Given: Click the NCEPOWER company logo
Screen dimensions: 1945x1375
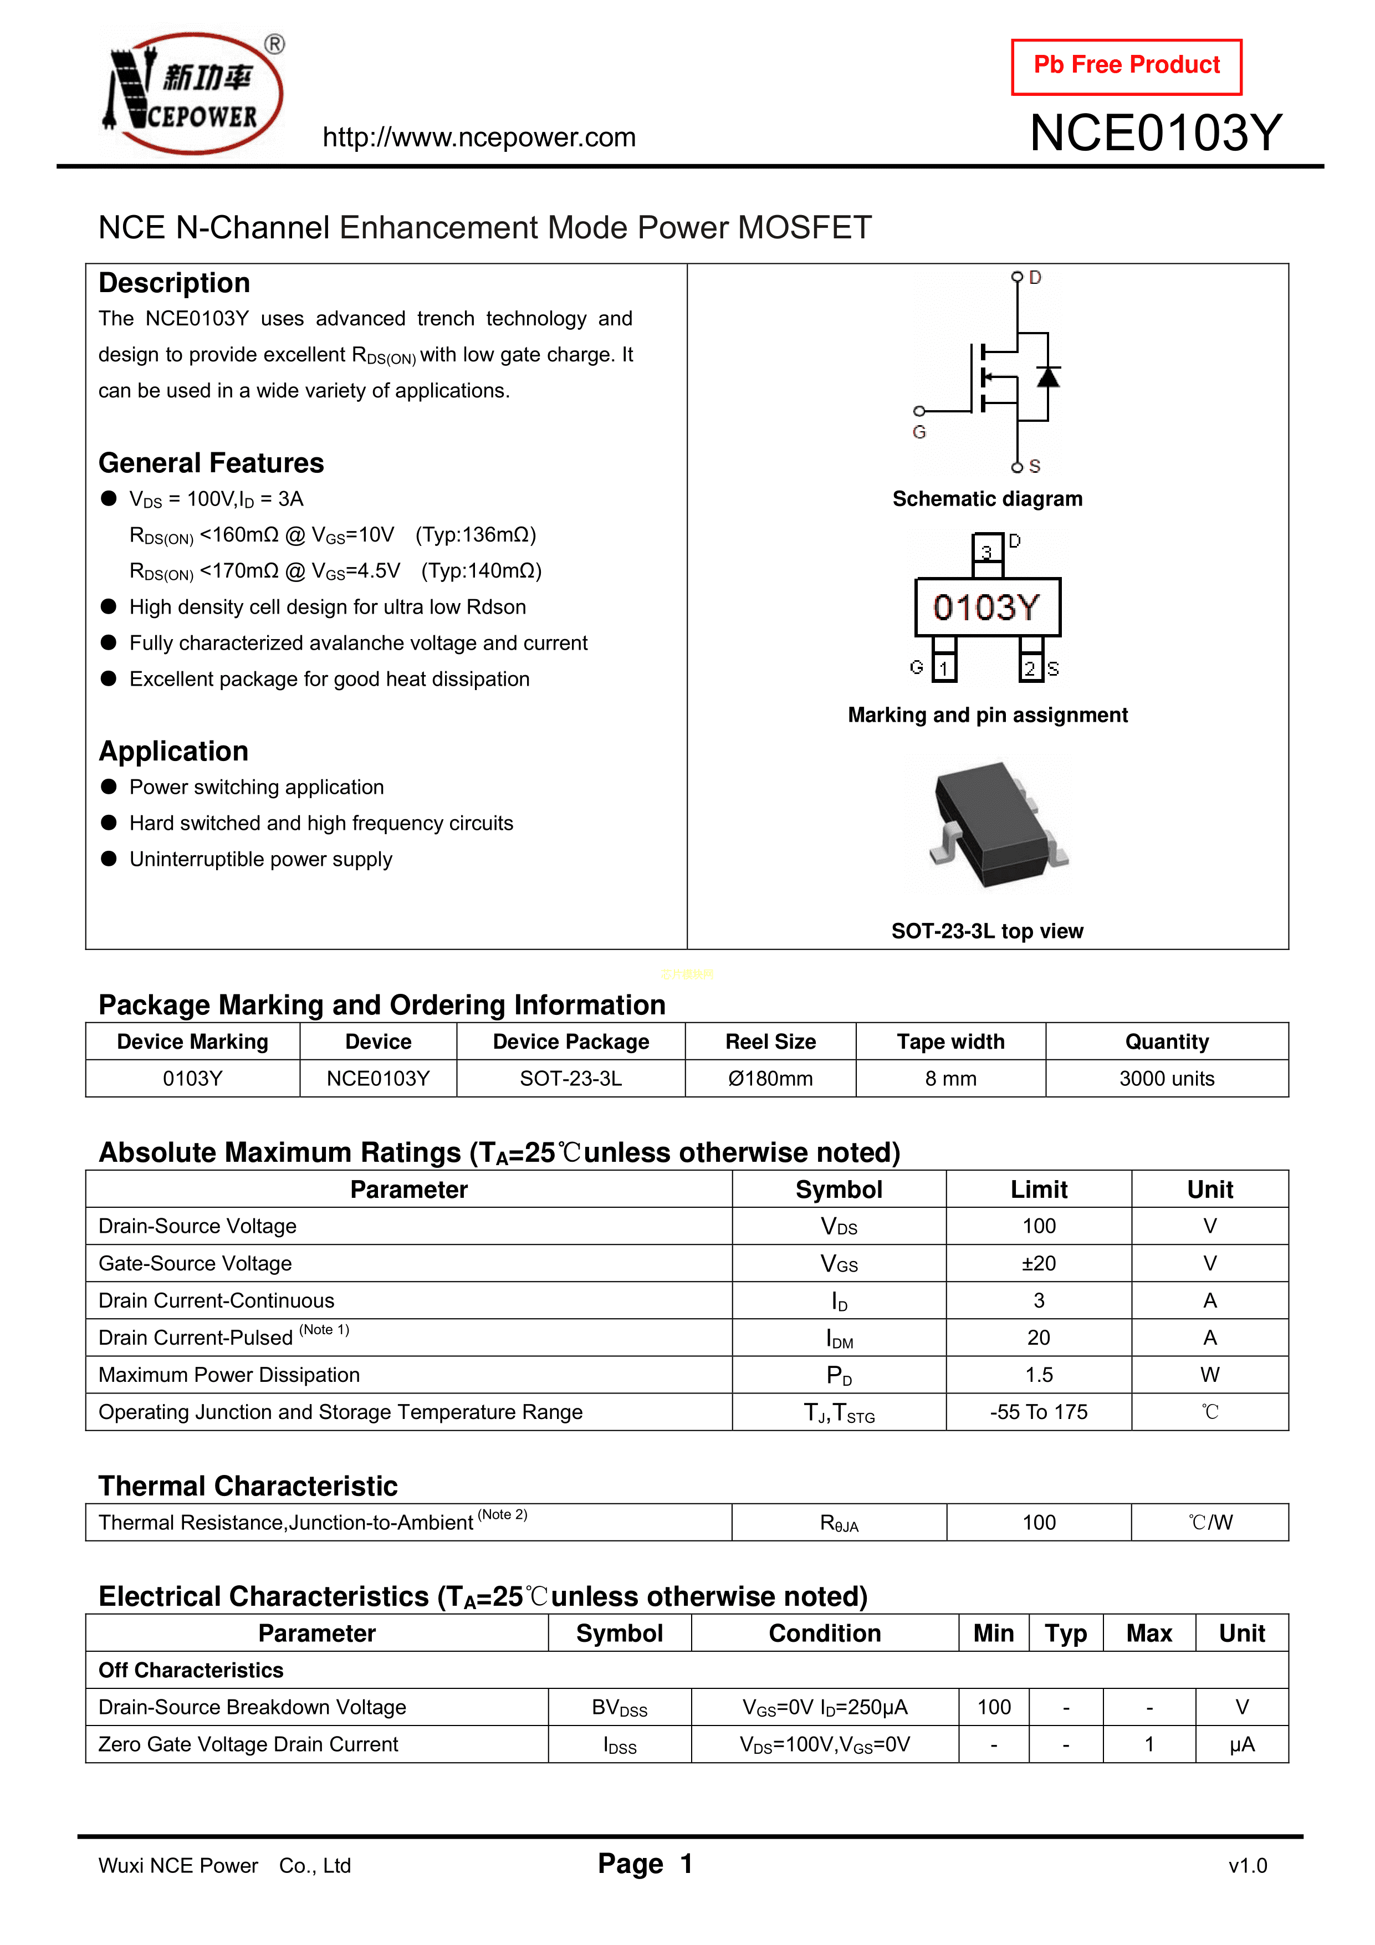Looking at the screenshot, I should (194, 93).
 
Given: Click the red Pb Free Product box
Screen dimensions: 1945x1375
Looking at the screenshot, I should (1126, 66).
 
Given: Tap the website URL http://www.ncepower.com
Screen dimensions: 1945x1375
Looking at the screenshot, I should (479, 137).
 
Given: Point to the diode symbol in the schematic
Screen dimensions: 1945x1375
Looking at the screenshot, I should (1048, 376).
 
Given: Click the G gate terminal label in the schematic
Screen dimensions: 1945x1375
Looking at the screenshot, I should (919, 432).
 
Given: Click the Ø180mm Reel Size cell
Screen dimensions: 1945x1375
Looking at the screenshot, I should (770, 1079).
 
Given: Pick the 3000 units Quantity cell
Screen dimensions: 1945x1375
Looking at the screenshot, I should (1167, 1079).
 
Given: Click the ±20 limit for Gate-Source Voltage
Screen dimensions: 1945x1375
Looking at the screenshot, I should (1039, 1263).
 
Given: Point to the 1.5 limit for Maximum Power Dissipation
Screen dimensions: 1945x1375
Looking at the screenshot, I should (1039, 1375).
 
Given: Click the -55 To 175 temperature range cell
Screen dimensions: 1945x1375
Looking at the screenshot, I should (1039, 1412).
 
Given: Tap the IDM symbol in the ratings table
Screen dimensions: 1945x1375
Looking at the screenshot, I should (839, 1339).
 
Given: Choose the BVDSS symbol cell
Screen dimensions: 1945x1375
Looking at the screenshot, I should (619, 1708).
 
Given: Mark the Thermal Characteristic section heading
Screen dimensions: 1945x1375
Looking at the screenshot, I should (247, 1486).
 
